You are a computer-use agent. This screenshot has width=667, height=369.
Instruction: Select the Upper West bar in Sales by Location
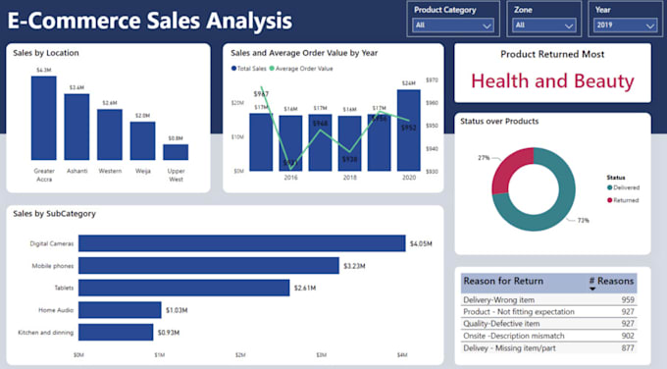pyautogui.click(x=176, y=152)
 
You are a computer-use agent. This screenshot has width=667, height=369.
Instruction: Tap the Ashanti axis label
pyautogui.click(x=77, y=171)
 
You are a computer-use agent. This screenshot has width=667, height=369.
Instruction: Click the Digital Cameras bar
pyautogui.click(x=241, y=243)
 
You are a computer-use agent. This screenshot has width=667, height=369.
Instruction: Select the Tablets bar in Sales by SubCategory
pyautogui.click(x=183, y=288)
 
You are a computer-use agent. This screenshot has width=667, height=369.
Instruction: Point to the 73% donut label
pyautogui.click(x=583, y=221)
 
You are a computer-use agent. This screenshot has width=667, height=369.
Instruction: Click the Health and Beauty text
pyautogui.click(x=552, y=81)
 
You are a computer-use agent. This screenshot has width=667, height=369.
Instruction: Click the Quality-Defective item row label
pyautogui.click(x=501, y=323)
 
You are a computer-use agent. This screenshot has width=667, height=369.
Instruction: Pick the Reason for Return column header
pyautogui.click(x=506, y=281)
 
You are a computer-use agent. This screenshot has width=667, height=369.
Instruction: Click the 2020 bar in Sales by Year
pyautogui.click(x=408, y=130)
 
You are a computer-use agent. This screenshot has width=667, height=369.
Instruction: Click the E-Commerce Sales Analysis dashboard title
pyautogui.click(x=149, y=20)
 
